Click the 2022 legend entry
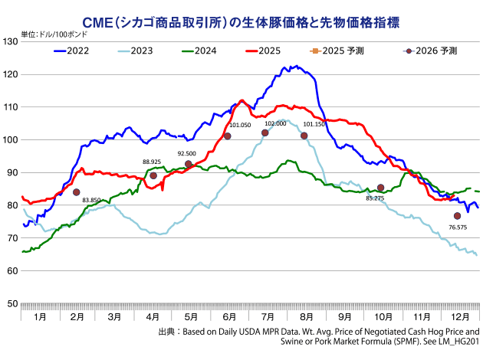[x=75, y=51]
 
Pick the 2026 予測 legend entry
[x=429, y=51]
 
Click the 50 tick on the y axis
[x=13, y=304]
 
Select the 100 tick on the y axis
[x=11, y=140]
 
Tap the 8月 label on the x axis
[x=305, y=316]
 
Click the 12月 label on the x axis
[x=462, y=316]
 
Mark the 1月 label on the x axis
[x=38, y=316]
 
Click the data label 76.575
[x=457, y=227]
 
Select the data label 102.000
[x=274, y=123]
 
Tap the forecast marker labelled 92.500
[x=189, y=164]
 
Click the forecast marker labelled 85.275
[x=381, y=188]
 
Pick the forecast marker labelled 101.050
[x=228, y=136]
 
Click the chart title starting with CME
[x=242, y=17]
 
